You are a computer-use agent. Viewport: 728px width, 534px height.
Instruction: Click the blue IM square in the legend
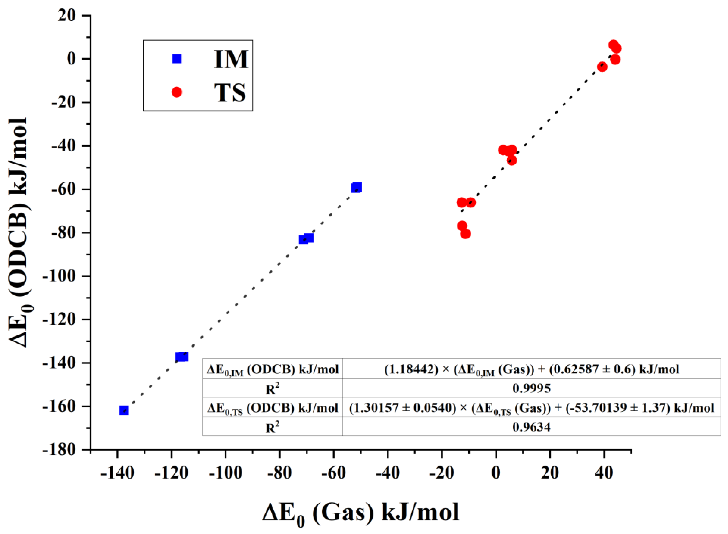tap(177, 58)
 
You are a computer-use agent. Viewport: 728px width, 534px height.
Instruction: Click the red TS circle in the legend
tap(177, 92)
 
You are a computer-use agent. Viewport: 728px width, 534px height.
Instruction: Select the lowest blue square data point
tap(124, 411)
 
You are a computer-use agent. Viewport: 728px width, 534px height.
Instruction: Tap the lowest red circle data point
tap(465, 234)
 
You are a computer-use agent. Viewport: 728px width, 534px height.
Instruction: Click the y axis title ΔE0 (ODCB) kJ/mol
tap(20, 233)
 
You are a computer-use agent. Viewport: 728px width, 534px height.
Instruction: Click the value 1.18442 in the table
tap(411, 369)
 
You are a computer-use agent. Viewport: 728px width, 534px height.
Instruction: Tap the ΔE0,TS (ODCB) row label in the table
tap(273, 408)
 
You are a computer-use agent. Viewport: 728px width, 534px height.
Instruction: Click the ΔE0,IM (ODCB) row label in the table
tap(273, 369)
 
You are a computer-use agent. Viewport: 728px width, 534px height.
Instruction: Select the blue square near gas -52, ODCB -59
tap(356, 187)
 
